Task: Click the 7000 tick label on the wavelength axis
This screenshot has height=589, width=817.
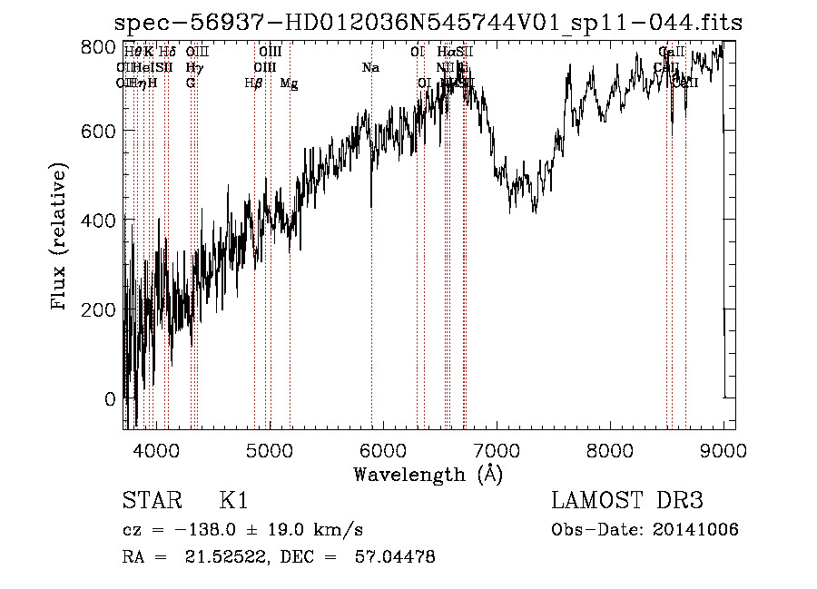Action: coord(497,448)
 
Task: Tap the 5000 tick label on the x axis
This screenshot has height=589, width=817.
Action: coord(269,448)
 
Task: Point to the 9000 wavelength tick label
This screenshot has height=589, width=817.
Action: coord(723,448)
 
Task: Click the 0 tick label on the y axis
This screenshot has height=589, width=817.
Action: coord(110,398)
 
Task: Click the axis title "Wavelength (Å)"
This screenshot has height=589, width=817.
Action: coord(428,474)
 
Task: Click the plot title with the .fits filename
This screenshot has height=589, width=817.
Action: coord(430,23)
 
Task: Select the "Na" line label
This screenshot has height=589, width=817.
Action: coord(370,68)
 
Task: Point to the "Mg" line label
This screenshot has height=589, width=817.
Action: coord(289,83)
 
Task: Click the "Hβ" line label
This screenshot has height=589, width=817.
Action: coord(254,83)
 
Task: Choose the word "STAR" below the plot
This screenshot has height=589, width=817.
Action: coord(149,501)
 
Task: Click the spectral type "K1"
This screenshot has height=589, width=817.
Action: coord(233,501)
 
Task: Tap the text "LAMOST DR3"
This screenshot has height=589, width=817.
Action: coord(627,501)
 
